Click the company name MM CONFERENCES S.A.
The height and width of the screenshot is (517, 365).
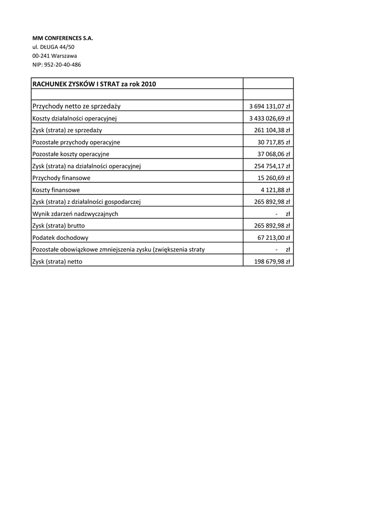pos(63,38)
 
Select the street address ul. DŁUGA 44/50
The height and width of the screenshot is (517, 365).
pos(53,47)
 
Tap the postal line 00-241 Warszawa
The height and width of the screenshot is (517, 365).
pos(54,56)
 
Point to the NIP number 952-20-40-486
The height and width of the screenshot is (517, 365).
pos(56,65)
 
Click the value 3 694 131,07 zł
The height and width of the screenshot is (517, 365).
pos(269,107)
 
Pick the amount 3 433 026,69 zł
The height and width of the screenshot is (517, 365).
pos(269,119)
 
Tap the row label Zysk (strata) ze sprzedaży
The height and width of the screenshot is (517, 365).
pos(67,130)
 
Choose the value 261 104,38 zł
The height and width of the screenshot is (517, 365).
pos(272,130)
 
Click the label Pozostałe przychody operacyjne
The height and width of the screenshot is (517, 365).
pos(76,142)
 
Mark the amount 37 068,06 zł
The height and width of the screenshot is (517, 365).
pos(274,154)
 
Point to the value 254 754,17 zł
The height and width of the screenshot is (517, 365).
pos(272,166)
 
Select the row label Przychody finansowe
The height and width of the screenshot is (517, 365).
pos(62,178)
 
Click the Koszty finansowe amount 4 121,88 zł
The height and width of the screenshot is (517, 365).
pos(275,190)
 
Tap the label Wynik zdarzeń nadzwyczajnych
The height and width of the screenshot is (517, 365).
pos(75,214)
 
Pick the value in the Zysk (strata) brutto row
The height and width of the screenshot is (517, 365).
pos(272,226)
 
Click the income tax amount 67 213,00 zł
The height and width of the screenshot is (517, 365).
pos(274,238)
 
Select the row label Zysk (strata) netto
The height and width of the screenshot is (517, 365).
pos(57,262)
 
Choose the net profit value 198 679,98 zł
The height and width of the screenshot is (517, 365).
pos(272,262)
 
